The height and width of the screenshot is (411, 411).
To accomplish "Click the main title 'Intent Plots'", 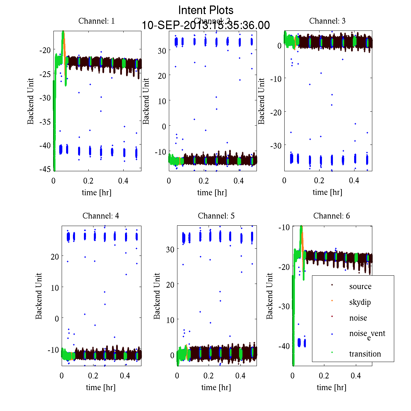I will (x=206, y=10).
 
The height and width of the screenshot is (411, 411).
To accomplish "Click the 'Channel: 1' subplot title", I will (x=97, y=21).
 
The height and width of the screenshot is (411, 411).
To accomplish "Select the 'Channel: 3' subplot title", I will (x=327, y=21).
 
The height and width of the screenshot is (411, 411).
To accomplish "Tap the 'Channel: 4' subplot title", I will (x=101, y=216).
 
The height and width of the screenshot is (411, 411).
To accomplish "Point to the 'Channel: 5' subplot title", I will (x=216, y=216).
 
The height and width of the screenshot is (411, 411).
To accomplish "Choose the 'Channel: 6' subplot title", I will (x=332, y=216).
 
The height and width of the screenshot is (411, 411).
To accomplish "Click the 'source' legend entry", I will (x=360, y=286).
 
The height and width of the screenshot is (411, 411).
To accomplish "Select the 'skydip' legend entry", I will (x=360, y=302).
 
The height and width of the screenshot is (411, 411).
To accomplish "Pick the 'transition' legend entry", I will (x=365, y=354).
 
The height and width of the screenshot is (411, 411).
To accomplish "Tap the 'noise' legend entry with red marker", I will (x=358, y=318).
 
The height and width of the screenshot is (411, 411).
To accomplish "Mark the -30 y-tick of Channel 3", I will (x=276, y=146).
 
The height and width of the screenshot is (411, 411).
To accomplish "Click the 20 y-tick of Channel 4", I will (x=54, y=256).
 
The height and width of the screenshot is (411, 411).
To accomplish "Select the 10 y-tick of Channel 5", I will (x=170, y=320).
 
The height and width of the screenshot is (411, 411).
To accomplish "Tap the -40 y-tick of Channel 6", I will (x=284, y=346).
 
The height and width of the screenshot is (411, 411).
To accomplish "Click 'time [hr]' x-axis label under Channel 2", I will (x=212, y=192).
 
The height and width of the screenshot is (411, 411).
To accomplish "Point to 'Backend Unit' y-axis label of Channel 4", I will (x=39, y=296).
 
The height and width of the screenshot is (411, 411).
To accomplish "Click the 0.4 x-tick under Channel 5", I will (x=240, y=376).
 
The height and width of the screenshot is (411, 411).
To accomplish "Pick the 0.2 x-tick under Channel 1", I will (x=88, y=181).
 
